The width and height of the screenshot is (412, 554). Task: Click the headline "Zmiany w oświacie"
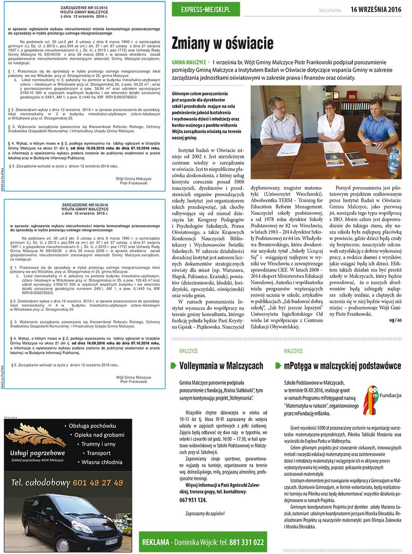(x=222, y=43)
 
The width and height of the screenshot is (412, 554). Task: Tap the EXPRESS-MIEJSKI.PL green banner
(x=206, y=9)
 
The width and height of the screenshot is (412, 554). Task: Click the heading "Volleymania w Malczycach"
(x=221, y=366)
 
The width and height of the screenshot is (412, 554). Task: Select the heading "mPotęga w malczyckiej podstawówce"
(x=338, y=366)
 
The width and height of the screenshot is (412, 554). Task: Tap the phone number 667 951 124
(x=193, y=500)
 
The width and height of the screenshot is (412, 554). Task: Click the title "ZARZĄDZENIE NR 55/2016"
(x=85, y=8)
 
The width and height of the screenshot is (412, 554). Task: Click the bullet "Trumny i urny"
(x=98, y=444)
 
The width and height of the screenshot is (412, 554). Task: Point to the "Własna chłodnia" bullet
(x=101, y=462)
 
